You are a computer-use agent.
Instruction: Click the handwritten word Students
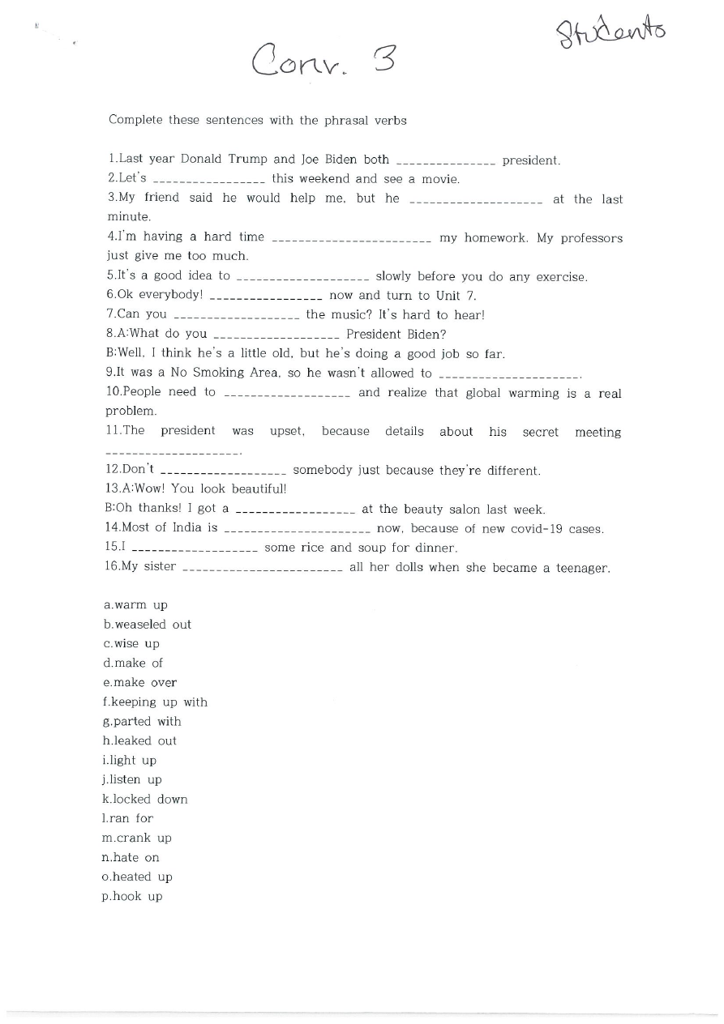coord(611,34)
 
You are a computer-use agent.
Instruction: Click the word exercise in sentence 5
coord(560,277)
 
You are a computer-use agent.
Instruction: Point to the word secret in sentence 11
coord(541,432)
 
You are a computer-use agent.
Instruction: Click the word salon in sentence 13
coord(462,510)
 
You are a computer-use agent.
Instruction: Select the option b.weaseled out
coord(148,625)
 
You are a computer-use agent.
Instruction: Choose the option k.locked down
coord(145,799)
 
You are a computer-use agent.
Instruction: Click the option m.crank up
coord(137,838)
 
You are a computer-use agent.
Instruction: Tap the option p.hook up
coord(132,896)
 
